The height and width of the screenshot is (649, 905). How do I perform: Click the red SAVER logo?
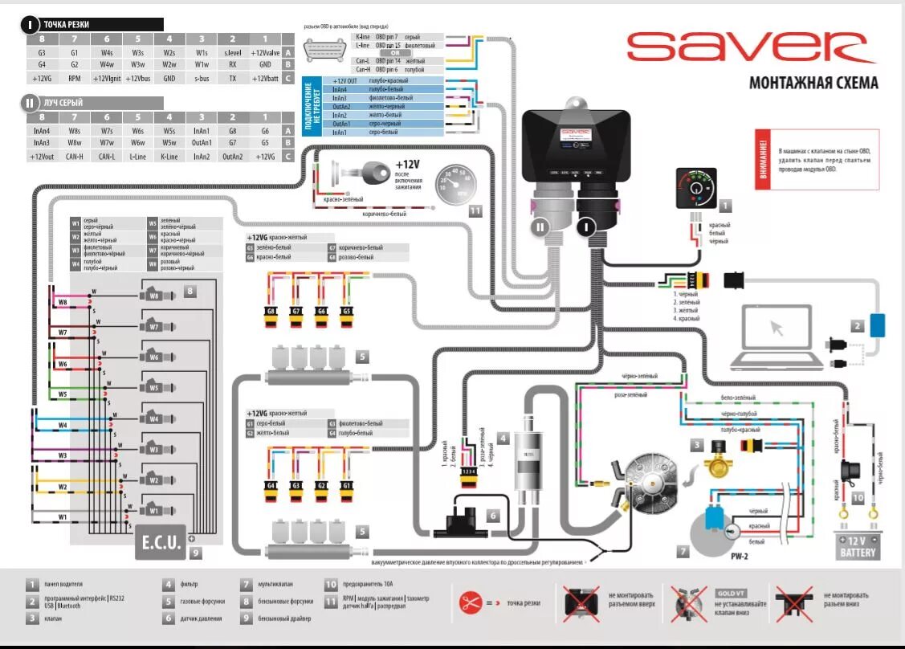(x=750, y=47)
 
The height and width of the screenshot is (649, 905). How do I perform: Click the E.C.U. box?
(x=161, y=542)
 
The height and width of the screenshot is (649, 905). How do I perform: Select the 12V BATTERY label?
(x=858, y=546)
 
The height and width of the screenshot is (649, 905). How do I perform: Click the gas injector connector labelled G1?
(x=347, y=488)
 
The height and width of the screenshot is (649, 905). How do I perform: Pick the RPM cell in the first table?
(x=74, y=79)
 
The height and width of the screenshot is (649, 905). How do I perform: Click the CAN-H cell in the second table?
(x=74, y=157)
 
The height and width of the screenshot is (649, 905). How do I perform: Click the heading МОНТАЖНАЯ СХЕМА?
(x=813, y=83)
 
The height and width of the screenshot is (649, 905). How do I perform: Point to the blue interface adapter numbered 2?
(x=877, y=325)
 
